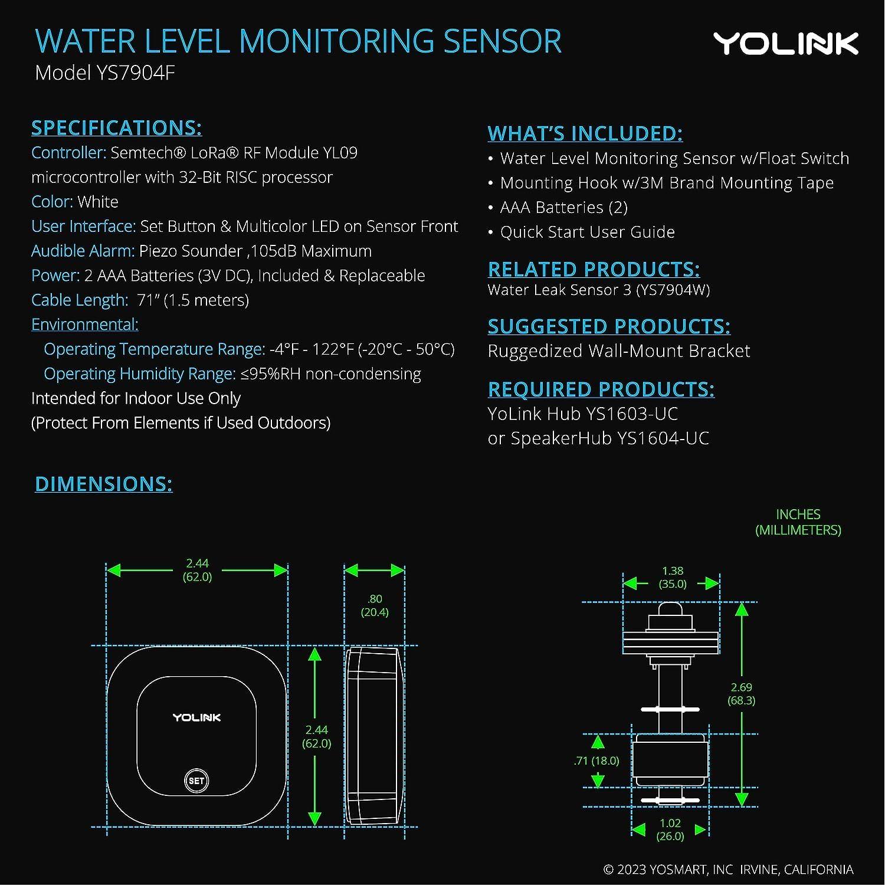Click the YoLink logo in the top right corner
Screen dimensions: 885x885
point(785,44)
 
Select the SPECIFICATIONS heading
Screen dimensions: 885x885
point(116,128)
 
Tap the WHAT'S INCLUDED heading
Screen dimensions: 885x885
point(585,133)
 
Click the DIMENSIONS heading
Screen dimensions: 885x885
point(104,484)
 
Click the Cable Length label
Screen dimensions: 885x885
point(79,300)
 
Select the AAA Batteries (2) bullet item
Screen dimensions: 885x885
point(563,208)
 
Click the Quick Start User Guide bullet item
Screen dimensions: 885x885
point(587,232)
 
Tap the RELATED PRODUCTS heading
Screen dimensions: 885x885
point(594,270)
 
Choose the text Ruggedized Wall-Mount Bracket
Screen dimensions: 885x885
point(619,351)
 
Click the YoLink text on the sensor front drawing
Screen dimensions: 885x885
point(196,717)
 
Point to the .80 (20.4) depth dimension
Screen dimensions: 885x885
point(375,605)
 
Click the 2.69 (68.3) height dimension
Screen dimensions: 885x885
point(741,694)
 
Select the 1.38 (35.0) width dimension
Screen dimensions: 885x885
point(672,578)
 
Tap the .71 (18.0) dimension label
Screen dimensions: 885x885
point(596,761)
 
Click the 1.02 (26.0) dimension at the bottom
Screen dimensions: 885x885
point(670,830)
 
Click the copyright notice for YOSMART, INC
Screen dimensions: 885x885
point(728,870)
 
